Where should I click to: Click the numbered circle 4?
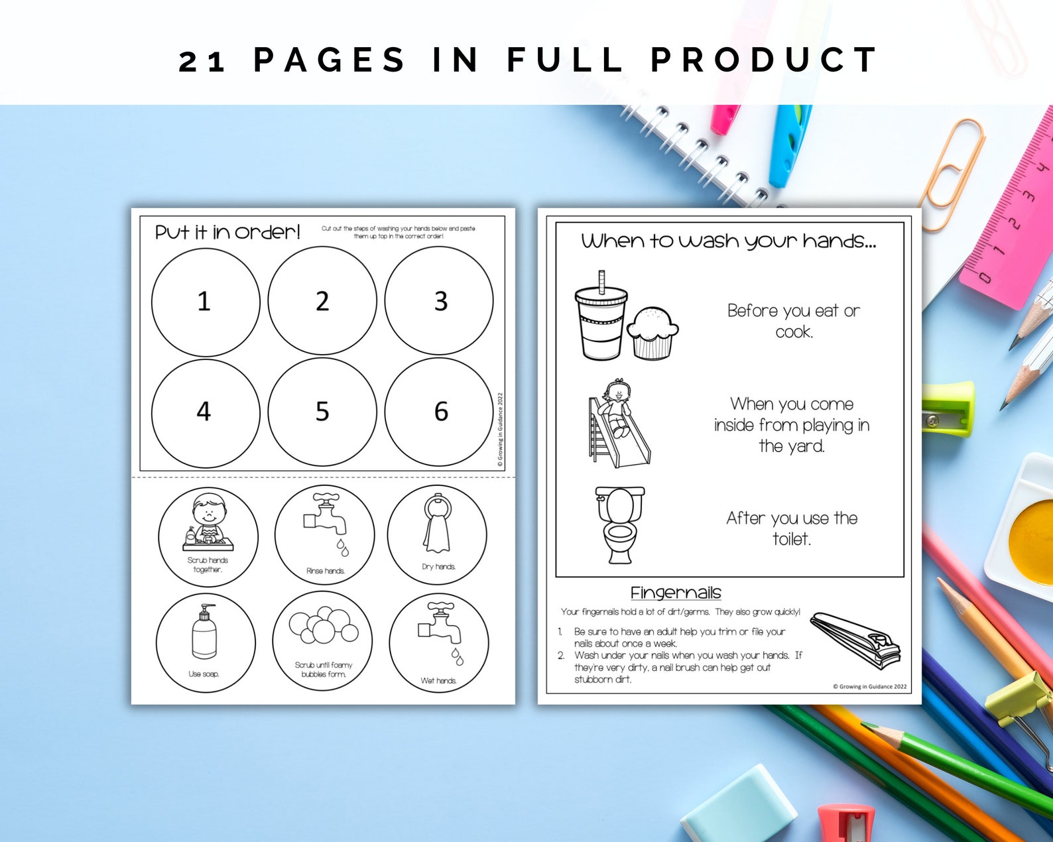[x=205, y=412]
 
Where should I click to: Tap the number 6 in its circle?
[x=441, y=412]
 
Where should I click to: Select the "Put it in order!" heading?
[x=227, y=232]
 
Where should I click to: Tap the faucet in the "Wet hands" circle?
[x=439, y=625]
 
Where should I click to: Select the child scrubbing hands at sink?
[x=208, y=522]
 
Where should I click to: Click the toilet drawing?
[x=620, y=524]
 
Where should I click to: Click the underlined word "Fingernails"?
[x=675, y=593]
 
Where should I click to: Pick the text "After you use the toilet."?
[x=792, y=528]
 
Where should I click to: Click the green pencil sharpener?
[x=948, y=408]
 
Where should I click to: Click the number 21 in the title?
[x=202, y=61]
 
